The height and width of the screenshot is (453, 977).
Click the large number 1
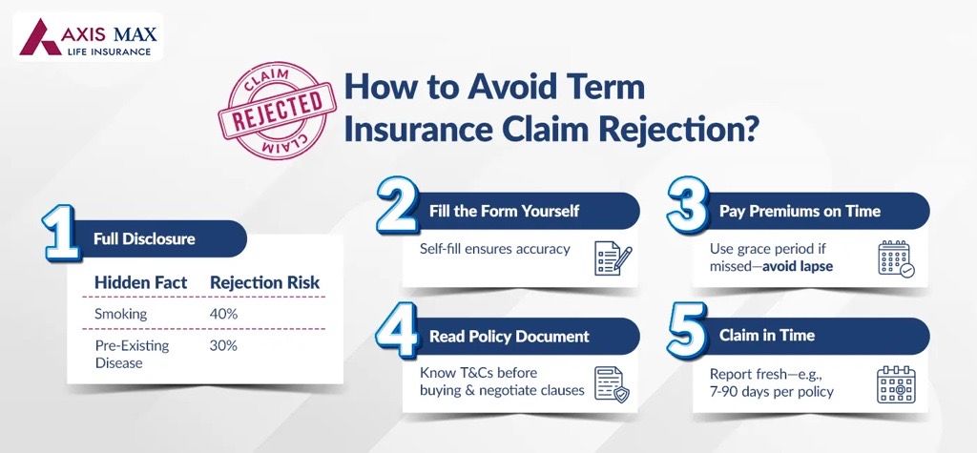63,234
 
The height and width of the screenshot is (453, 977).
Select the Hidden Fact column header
140,282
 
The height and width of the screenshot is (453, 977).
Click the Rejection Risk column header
264,282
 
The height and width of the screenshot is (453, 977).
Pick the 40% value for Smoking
223,314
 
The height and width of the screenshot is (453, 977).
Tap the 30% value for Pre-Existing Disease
223,345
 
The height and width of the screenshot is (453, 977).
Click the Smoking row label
119,314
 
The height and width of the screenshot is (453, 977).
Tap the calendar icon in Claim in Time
896,382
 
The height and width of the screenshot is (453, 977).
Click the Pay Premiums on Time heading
799,211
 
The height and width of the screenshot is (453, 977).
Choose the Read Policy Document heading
509,337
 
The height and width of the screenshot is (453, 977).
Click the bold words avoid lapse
794,266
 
